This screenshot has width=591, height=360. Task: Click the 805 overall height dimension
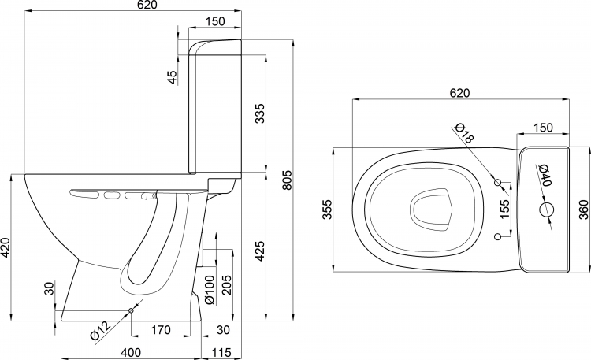(x=287, y=180)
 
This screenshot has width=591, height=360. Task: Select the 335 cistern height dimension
(x=260, y=113)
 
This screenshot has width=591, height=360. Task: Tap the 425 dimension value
(x=260, y=251)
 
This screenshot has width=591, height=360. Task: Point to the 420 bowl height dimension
(x=5, y=247)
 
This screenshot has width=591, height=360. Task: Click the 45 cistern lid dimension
(x=172, y=77)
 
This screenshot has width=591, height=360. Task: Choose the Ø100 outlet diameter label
(x=209, y=290)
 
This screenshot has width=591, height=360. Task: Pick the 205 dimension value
(x=226, y=285)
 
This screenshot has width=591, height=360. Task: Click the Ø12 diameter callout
(x=100, y=331)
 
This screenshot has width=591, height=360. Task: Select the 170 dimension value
(x=161, y=330)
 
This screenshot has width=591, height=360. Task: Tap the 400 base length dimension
(x=130, y=353)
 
